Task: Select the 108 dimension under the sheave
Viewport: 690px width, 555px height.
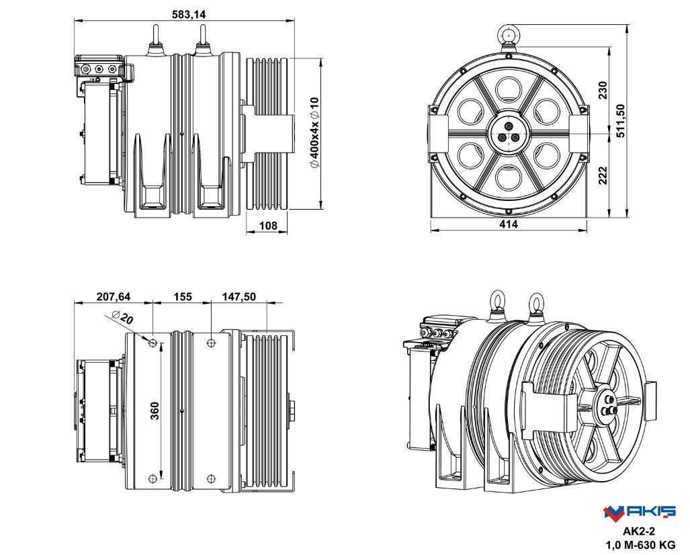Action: tap(268, 226)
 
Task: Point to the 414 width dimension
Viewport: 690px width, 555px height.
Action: tap(509, 224)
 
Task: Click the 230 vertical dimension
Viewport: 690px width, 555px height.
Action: tap(603, 90)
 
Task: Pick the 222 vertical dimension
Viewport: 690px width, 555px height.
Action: tap(603, 175)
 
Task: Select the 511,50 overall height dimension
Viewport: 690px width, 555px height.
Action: tap(620, 122)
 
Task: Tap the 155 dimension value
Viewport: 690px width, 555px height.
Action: tap(183, 296)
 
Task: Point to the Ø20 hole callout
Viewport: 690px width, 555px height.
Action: tap(122, 318)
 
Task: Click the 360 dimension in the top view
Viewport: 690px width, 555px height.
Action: tap(155, 411)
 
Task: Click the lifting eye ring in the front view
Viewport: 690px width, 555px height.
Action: tap(509, 34)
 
